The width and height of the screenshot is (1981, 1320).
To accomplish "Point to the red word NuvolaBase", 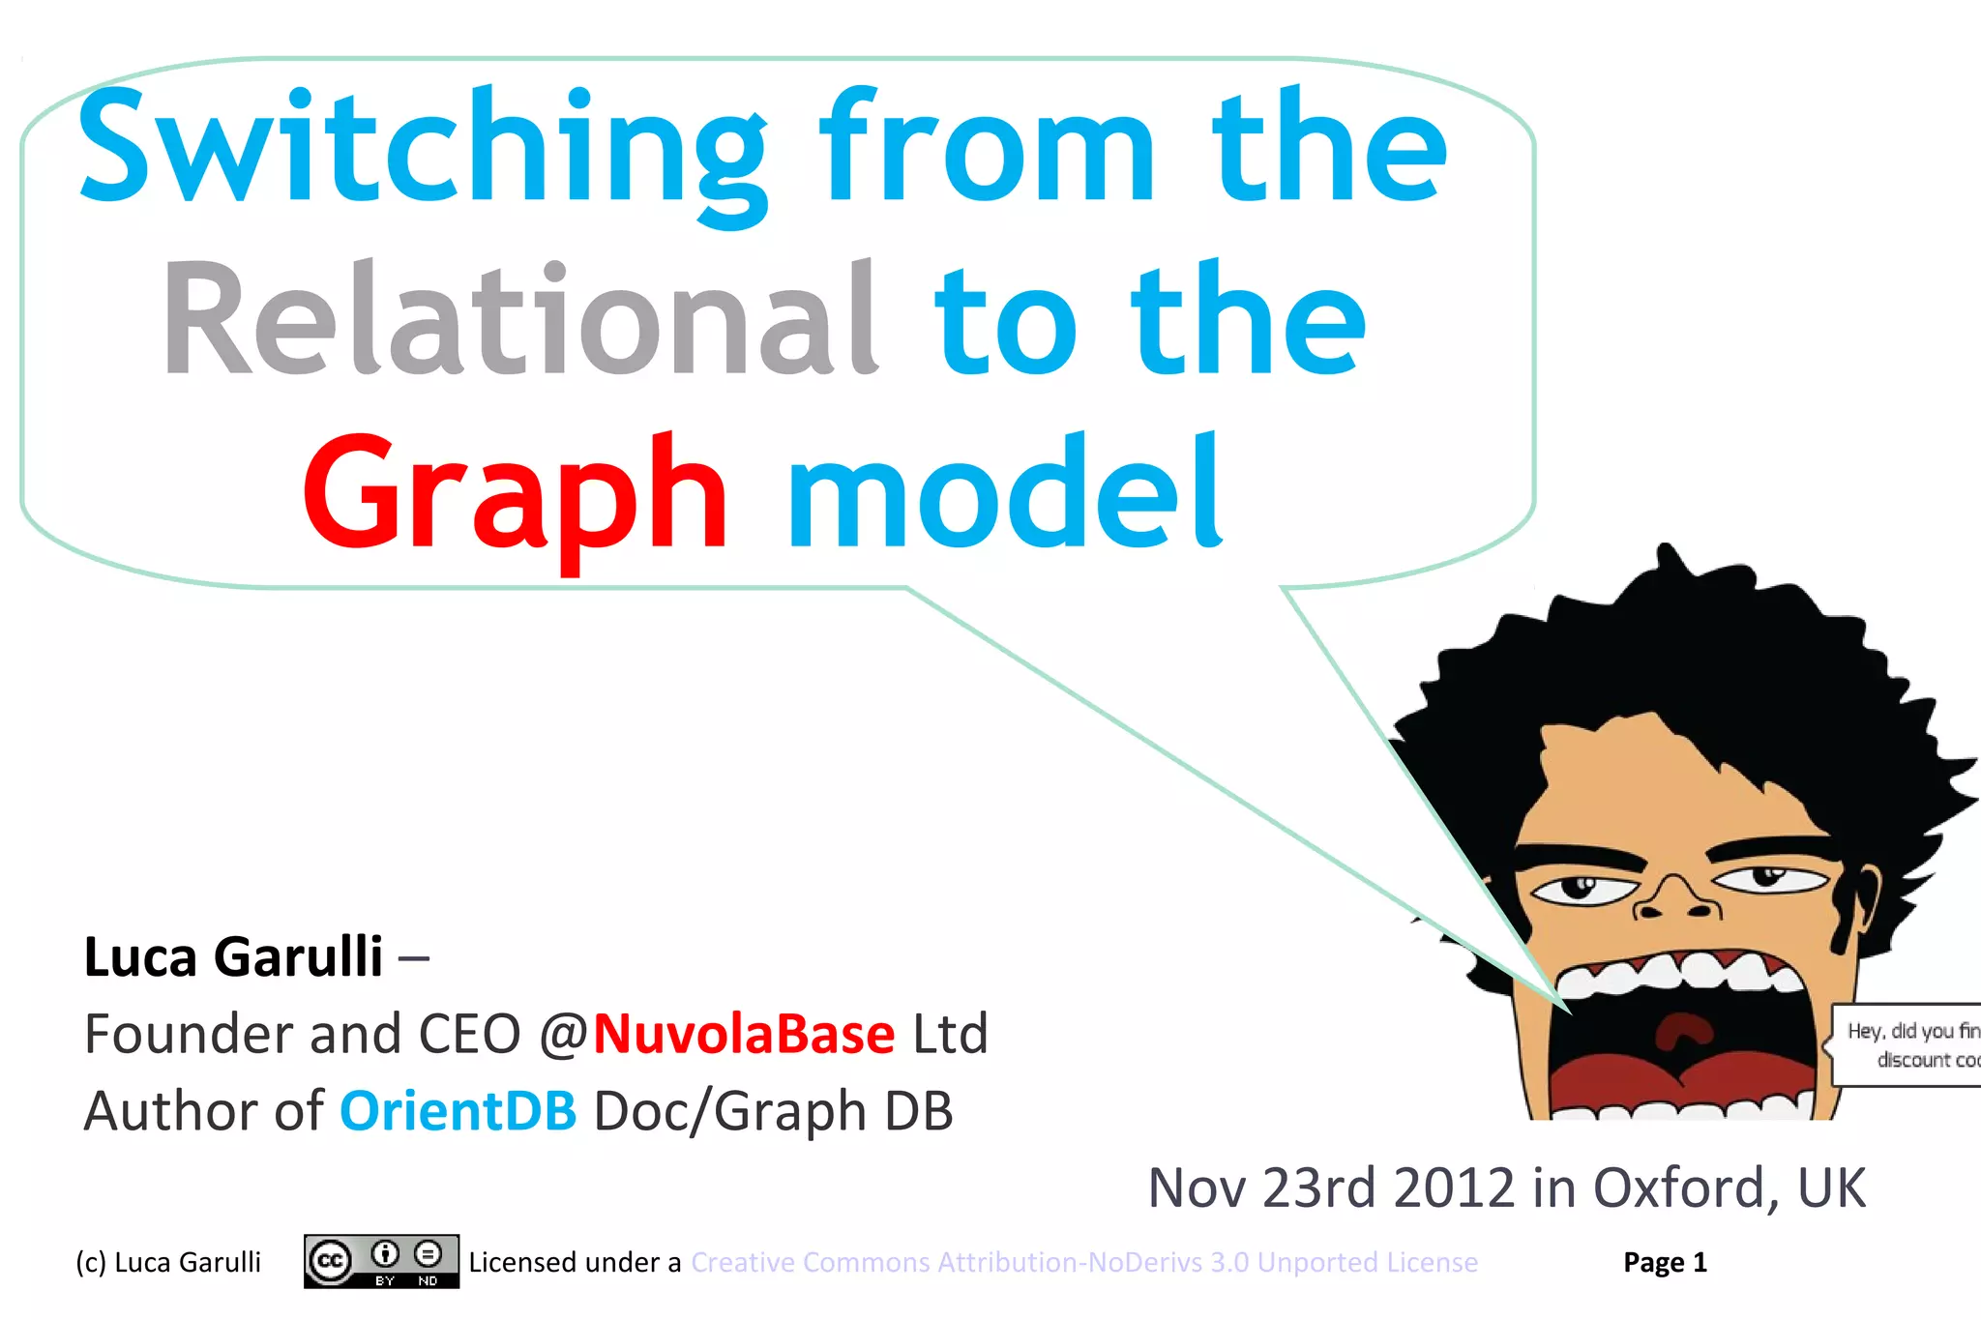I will [x=743, y=1034].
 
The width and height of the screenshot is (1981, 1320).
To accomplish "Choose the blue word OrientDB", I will [x=458, y=1111].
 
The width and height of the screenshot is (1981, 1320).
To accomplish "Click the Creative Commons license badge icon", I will [x=381, y=1261].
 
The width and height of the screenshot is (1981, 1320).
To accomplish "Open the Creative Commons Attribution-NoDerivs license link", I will [x=1083, y=1262].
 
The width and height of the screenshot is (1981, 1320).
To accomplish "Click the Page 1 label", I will [x=1665, y=1262].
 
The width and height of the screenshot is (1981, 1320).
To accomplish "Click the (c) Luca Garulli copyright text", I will [x=168, y=1262].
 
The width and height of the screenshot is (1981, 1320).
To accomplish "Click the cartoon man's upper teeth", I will [x=1683, y=972].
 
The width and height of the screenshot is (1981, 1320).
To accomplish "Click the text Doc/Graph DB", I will [x=773, y=1111].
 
